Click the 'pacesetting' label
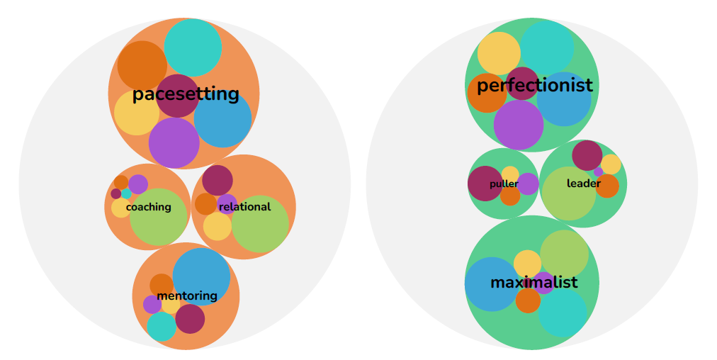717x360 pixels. click(186, 94)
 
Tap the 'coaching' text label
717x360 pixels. click(149, 207)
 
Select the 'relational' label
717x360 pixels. click(244, 207)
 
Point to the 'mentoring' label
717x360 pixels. click(187, 296)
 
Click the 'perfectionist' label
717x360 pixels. click(535, 86)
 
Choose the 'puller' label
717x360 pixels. click(504, 184)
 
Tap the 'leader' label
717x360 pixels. click(584, 184)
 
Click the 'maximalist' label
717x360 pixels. click(534, 282)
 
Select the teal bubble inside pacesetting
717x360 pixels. click(193, 47)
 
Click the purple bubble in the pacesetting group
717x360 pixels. click(174, 142)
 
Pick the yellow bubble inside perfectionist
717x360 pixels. click(499, 53)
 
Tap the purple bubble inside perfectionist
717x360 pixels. click(519, 125)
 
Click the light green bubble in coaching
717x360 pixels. click(159, 217)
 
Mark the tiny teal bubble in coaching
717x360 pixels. click(126, 194)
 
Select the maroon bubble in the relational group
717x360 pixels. click(218, 180)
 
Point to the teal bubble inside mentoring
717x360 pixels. click(162, 327)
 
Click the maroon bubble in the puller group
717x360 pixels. click(485, 184)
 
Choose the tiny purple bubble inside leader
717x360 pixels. click(599, 171)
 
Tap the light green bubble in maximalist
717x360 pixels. click(564, 254)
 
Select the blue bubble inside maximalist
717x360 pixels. click(492, 284)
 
